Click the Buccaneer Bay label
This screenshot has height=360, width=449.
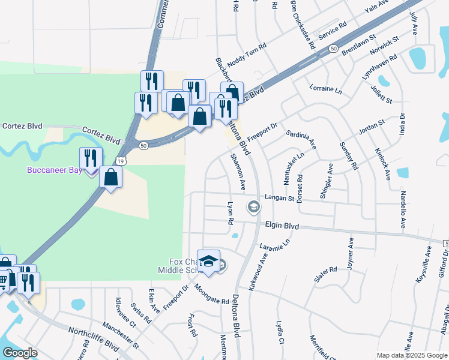coord(57,170)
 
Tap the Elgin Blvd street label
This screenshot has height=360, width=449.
coord(282,226)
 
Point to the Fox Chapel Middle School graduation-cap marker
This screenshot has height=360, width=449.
coord(208,261)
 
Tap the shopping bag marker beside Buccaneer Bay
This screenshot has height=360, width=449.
coord(111,177)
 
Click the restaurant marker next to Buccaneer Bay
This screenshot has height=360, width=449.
coord(91,158)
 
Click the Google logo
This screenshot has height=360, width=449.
coord(20,352)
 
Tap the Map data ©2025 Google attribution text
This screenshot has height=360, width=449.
coord(411,355)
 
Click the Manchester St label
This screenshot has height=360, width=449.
coord(120,336)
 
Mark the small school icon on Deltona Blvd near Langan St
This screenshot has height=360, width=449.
coord(253,208)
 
